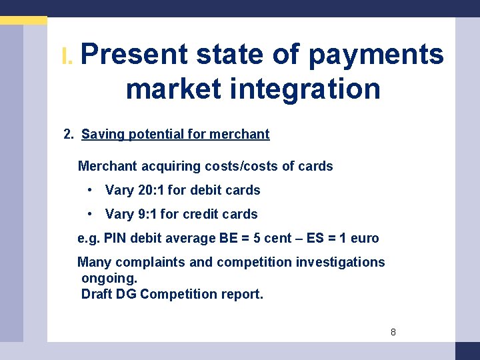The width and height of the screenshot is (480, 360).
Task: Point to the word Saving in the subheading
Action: click(x=103, y=134)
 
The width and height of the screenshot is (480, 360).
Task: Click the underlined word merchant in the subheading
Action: click(x=239, y=134)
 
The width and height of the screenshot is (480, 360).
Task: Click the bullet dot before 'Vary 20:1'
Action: click(x=90, y=190)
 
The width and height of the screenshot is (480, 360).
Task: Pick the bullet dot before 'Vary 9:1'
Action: click(x=90, y=214)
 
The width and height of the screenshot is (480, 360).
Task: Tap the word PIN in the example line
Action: click(x=115, y=238)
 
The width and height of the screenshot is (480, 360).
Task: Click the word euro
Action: click(x=364, y=238)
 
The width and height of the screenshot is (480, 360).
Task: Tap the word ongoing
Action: click(x=109, y=278)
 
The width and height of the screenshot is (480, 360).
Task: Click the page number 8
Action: click(x=393, y=331)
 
